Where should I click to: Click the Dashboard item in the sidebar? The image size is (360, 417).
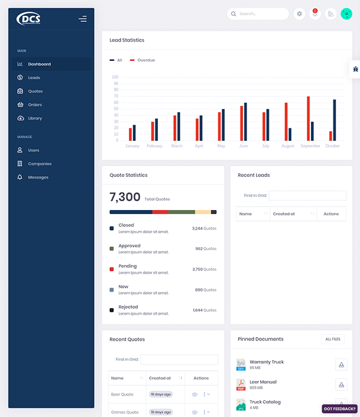coord(39,64)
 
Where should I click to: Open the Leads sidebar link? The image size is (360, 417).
coord(34,77)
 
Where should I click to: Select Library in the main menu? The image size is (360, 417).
coord(35,118)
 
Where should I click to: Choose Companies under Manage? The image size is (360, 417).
coord(40,164)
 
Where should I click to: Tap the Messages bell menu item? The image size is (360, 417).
coord(38,177)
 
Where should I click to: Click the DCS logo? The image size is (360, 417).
coord(29,19)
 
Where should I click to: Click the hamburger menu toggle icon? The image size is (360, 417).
coord(83,19)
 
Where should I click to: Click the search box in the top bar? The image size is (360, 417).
coord(259,14)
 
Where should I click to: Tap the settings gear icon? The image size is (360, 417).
coord(299,14)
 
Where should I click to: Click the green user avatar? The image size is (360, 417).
coord(346,14)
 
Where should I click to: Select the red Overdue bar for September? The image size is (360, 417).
coord(308,118)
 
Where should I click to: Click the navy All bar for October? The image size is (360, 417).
coord(335,119)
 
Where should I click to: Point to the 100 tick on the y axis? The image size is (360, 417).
coord(115,77)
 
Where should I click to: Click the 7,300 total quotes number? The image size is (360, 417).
coord(125,198)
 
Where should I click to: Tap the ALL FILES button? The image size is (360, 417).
coord(333,339)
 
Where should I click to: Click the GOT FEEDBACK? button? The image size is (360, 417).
coord(339,409)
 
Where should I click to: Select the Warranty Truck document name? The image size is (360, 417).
coord(267,362)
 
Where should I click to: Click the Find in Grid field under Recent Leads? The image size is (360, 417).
coord(307,195)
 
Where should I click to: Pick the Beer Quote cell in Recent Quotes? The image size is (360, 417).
coord(122,395)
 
